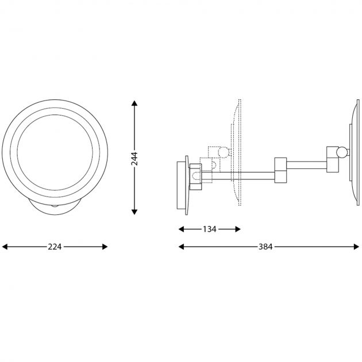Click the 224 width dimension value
pyautogui.click(x=55, y=247)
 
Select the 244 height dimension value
pyautogui.click(x=134, y=158)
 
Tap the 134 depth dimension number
pyautogui.click(x=209, y=229)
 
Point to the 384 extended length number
pyautogui.click(x=265, y=247)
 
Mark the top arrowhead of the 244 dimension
pyautogui.click(x=134, y=104)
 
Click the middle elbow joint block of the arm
pyautogui.click(x=280, y=170)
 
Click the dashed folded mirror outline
pyautogui.click(x=237, y=152)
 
